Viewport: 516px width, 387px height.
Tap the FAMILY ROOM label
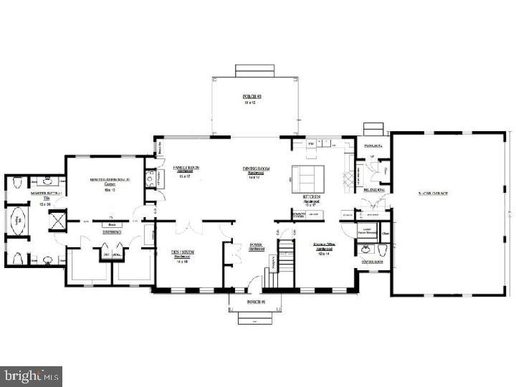[186, 168]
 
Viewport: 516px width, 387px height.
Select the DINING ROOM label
[255, 169]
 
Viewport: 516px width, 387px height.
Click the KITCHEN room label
[311, 196]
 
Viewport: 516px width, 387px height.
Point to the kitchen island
[307, 176]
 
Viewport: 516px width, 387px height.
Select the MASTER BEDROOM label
[108, 181]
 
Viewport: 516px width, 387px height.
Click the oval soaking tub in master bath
[16, 223]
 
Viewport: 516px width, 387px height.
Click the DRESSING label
[110, 233]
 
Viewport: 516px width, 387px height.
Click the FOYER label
[255, 244]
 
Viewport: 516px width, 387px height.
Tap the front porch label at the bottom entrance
[256, 302]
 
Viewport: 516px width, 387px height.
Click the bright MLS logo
[31, 376]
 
